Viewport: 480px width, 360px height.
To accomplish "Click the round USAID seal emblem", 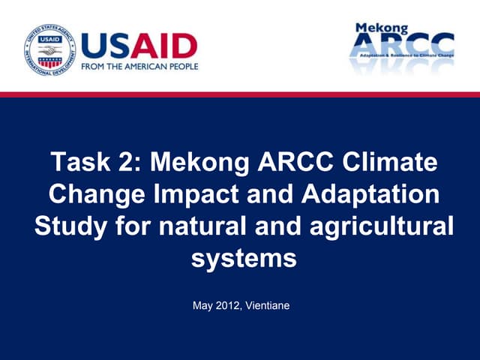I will coord(49,50).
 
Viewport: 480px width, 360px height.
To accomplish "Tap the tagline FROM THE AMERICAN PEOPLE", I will coord(139,66).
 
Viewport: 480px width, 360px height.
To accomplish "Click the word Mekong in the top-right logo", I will coord(383,28).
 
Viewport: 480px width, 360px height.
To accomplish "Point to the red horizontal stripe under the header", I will coord(240,94).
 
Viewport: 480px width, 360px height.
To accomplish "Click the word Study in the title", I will coord(68,226).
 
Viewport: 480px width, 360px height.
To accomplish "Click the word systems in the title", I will coord(244,259).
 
